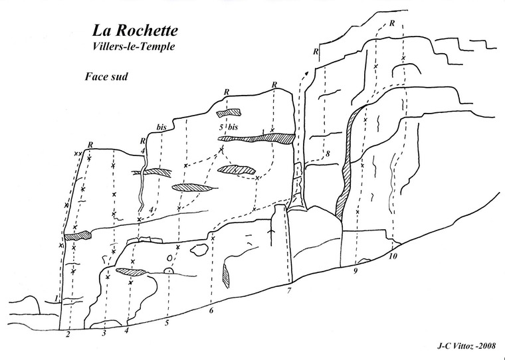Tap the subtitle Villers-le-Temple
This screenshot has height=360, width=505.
pos(136,47)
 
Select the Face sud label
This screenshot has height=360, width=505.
pos(106,76)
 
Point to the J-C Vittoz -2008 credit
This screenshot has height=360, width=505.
pos(462,345)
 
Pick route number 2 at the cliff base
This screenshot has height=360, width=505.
pos(68,335)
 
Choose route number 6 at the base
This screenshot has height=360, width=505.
pos(211,310)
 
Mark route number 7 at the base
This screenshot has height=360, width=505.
pos(290,291)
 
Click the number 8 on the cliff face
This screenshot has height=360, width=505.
pos(328,155)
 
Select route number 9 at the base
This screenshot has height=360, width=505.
pos(355,270)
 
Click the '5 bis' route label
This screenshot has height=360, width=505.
pos(228,126)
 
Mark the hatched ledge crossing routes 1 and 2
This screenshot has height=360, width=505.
pos(77,235)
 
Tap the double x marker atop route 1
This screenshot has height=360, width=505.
pos(78,154)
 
